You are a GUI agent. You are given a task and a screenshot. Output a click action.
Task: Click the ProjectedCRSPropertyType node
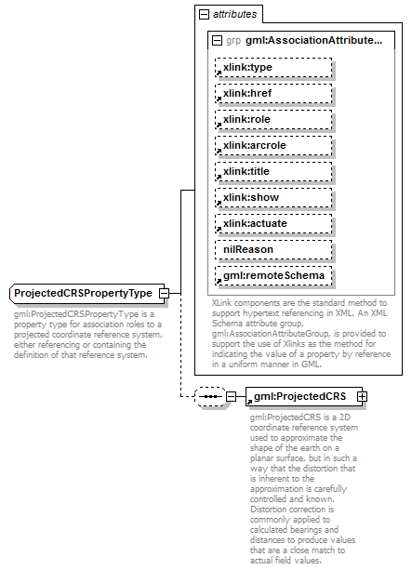coord(84,294)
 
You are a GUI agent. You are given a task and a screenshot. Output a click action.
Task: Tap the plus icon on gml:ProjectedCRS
coord(362,397)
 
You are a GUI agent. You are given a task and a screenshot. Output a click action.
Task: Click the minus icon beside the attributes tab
coord(204,15)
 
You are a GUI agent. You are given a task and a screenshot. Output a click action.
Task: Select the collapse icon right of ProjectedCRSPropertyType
coord(164,294)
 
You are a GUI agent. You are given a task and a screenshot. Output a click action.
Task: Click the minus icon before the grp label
coord(217,42)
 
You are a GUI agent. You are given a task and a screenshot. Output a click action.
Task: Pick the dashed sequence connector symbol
coord(209,397)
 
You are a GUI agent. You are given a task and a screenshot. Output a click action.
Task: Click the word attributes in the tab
coord(235,15)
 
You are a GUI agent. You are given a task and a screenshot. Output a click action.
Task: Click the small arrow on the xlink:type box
coord(220,74)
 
